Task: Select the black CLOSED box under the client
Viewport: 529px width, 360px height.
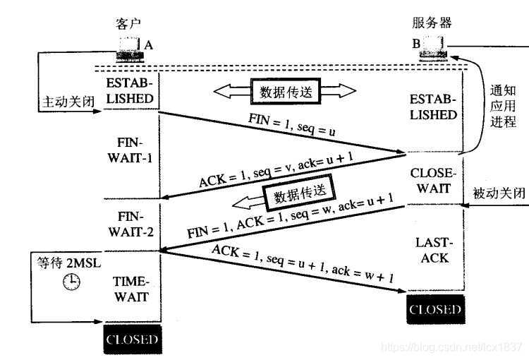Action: (x=132, y=340)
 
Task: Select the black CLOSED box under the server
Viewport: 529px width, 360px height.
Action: (x=435, y=309)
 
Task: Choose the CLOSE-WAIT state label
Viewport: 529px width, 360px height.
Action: (x=434, y=180)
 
